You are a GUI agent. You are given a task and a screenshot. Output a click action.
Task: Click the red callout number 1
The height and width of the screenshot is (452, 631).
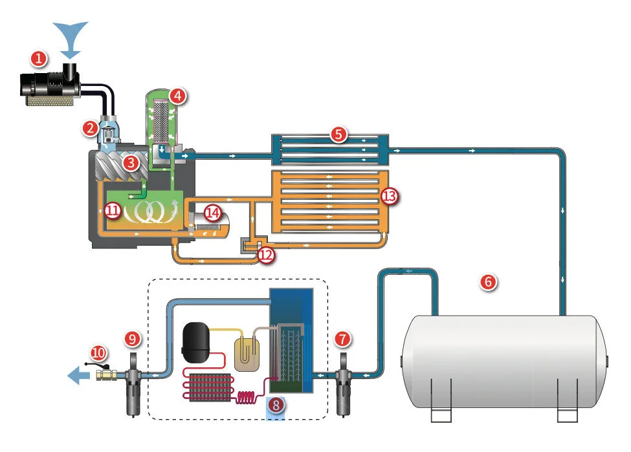click(x=39, y=59)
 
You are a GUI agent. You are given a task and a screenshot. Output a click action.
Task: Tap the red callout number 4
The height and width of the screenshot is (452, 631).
click(x=178, y=96)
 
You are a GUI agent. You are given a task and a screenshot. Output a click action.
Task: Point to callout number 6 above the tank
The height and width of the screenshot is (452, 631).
click(x=488, y=282)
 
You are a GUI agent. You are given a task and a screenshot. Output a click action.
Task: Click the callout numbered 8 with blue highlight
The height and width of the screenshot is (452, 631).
click(x=276, y=405)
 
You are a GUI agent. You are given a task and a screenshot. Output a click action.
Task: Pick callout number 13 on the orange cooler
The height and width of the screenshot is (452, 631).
click(x=389, y=196)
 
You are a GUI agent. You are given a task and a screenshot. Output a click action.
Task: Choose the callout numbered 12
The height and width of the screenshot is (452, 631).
click(x=266, y=255)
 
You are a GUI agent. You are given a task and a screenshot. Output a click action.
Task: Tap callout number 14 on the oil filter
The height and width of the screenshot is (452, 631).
click(x=212, y=213)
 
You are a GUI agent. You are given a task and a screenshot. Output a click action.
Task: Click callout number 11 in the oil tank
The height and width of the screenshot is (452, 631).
click(x=113, y=210)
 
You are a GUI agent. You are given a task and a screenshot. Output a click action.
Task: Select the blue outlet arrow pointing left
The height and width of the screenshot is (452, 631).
click(x=79, y=376)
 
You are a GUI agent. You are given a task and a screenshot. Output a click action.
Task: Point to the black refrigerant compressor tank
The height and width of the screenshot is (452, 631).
click(x=196, y=342)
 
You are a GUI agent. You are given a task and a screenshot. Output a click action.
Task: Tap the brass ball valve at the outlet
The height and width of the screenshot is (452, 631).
click(x=107, y=375)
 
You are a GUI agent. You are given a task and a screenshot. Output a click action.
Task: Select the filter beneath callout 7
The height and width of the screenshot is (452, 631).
click(x=343, y=385)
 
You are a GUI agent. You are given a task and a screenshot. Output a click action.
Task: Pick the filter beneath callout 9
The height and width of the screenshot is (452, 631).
click(x=133, y=385)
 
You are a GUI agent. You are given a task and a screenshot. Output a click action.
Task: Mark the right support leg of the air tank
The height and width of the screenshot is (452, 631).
click(x=567, y=400)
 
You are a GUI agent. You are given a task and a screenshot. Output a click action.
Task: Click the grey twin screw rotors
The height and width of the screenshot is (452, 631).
click(x=121, y=165)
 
